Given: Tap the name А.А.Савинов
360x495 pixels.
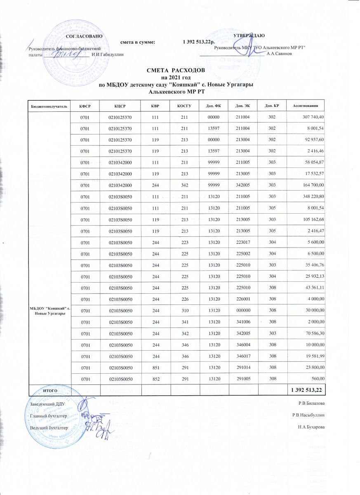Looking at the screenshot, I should (280, 54).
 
